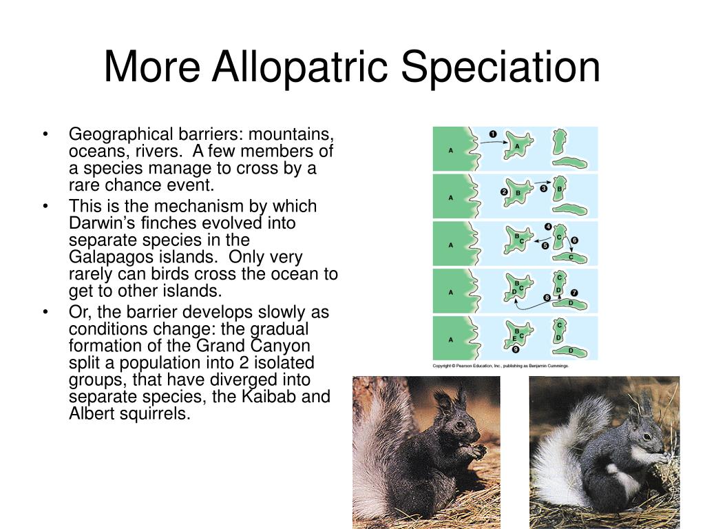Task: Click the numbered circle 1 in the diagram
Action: click(x=493, y=134)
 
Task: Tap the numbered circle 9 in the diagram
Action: click(x=516, y=349)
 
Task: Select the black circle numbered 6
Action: click(x=575, y=240)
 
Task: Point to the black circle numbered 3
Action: click(x=544, y=189)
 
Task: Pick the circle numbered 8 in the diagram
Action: click(x=547, y=298)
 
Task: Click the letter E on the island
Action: click(x=514, y=339)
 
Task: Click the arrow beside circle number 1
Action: click(x=494, y=142)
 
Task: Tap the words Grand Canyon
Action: click(x=253, y=346)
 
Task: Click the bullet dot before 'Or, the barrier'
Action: click(x=45, y=312)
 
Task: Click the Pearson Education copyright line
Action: click(x=501, y=366)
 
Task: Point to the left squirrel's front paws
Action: click(x=475, y=451)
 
